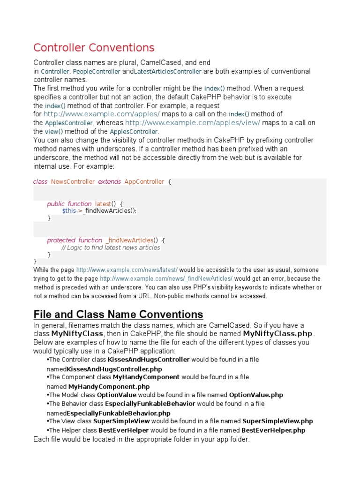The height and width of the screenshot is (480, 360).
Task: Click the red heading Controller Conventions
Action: tap(93, 47)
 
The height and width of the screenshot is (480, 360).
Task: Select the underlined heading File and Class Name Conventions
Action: tap(118, 314)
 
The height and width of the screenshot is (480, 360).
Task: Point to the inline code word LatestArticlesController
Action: tap(168, 72)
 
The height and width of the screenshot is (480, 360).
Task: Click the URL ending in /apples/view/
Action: tap(193, 123)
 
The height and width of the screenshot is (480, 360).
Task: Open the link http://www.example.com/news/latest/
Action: tap(127, 270)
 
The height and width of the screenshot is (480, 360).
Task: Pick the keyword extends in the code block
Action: tap(109, 181)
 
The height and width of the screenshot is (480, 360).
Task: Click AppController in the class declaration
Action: tap(144, 181)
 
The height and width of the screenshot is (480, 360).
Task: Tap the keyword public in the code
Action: tap(56, 204)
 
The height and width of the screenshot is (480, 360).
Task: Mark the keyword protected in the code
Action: tap(61, 240)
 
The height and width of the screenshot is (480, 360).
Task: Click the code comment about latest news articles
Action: tap(111, 247)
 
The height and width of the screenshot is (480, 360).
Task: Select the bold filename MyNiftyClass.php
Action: tap(277, 334)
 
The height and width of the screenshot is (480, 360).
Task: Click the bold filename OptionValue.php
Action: tap(256, 395)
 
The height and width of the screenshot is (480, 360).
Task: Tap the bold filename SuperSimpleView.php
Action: tap(277, 421)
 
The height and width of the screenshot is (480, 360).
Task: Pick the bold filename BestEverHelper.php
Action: tap(273, 430)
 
